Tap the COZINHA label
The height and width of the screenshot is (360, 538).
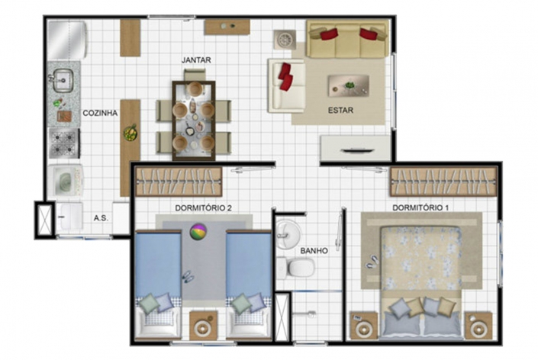(x=100, y=113)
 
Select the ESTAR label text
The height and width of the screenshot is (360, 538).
(x=340, y=111)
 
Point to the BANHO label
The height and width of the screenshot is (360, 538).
(x=314, y=251)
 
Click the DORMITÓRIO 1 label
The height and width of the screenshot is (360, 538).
(x=420, y=207)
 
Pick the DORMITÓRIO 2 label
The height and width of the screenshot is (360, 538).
(x=204, y=208)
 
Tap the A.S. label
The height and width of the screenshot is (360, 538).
(x=101, y=218)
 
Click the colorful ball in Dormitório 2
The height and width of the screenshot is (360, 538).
(x=198, y=230)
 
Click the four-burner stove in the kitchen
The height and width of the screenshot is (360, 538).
(x=64, y=143)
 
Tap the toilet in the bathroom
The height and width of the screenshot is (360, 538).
(x=296, y=267)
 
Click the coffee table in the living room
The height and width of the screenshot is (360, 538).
(x=348, y=85)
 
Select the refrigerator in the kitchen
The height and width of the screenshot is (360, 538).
(x=66, y=40)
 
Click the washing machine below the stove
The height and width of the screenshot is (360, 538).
(x=65, y=180)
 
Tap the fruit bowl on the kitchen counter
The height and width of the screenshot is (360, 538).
(x=130, y=133)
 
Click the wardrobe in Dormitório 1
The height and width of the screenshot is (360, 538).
(x=443, y=182)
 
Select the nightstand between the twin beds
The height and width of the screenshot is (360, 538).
(x=203, y=326)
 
